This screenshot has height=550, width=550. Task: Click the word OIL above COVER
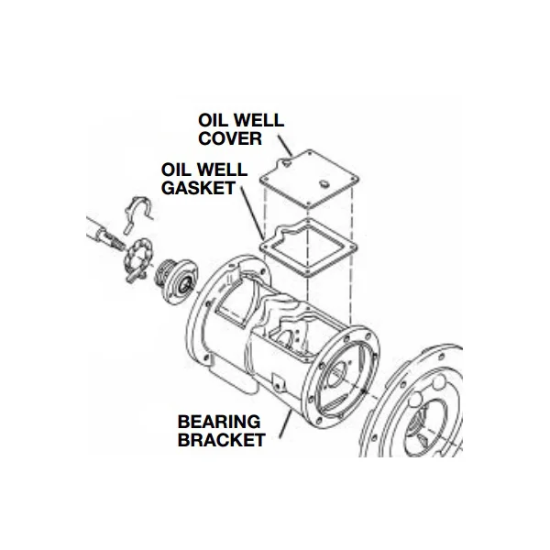point(213,120)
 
